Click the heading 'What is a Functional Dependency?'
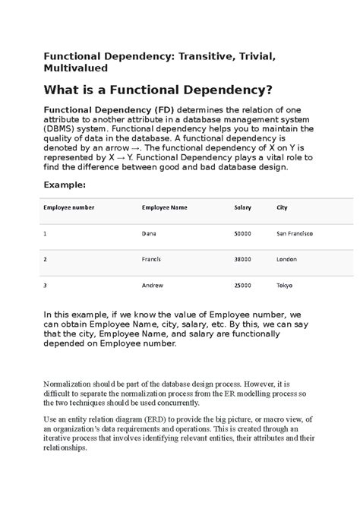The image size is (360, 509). pos(157,90)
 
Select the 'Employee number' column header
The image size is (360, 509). pos(69,207)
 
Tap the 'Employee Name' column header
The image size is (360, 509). pos(164,207)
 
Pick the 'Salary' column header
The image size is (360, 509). pos(243,207)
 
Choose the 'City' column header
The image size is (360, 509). pos(282,207)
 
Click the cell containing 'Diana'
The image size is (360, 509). pos(150,233)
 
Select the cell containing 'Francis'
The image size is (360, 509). pos(151,259)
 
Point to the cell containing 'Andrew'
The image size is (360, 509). pos(152,285)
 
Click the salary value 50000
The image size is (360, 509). pos(243,233)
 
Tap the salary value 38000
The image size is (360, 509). pos(243,259)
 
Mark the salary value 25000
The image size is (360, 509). pos(243,285)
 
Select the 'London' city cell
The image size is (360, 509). pos(286,259)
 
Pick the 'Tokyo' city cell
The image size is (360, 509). pos(284,285)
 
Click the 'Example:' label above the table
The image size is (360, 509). pos(65,184)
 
